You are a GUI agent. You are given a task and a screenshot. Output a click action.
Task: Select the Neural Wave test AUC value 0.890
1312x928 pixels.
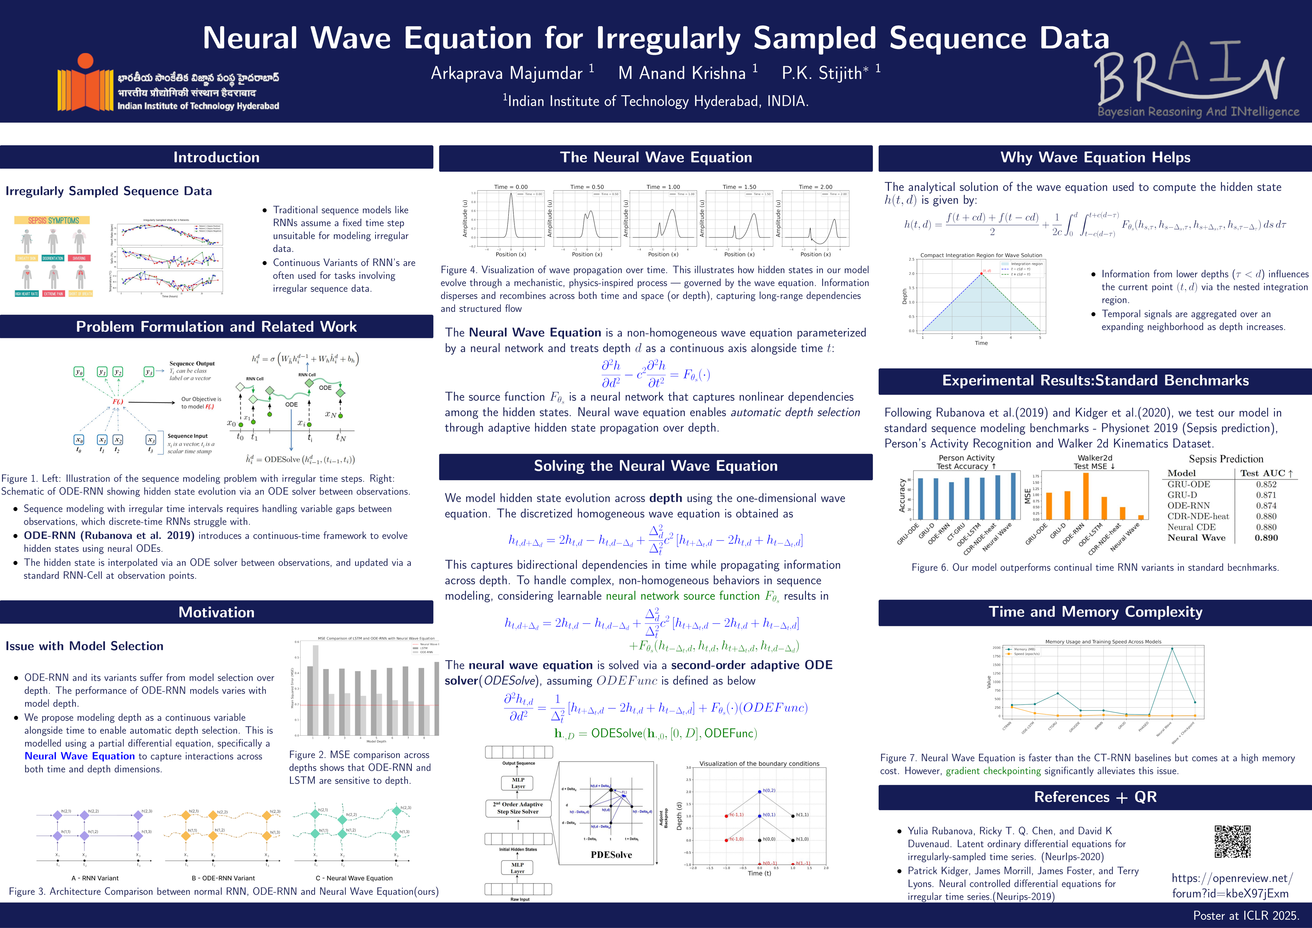(1266, 538)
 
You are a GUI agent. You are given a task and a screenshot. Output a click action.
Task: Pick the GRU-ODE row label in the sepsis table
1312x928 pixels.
(1189, 484)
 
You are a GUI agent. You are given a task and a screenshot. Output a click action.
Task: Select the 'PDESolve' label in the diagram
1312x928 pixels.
(611, 855)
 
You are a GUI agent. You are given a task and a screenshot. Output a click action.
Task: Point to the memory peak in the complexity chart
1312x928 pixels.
(1172, 649)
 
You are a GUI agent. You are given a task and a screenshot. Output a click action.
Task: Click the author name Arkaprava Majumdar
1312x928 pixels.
(506, 73)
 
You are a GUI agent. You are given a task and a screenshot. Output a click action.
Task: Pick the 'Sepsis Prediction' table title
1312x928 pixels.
(1226, 459)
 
